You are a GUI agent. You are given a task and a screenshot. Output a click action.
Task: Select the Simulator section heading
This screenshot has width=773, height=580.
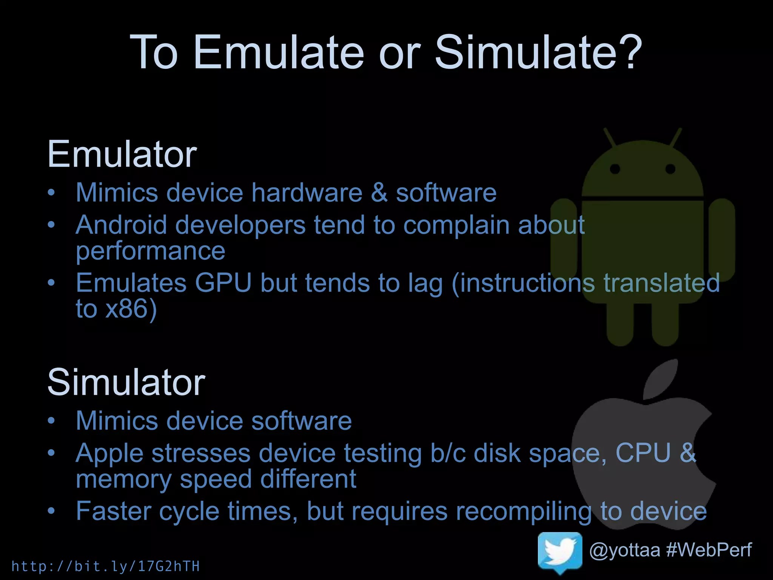[126, 382]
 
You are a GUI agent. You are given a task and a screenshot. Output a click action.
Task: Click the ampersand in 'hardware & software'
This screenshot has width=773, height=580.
[379, 193]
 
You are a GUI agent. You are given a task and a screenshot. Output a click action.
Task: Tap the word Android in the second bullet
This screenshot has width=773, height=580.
[121, 225]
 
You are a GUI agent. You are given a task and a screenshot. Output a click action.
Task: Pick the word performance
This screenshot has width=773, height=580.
[150, 251]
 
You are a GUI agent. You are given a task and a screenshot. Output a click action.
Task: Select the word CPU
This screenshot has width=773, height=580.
[643, 453]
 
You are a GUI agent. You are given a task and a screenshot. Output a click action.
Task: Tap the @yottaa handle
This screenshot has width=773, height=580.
[625, 550]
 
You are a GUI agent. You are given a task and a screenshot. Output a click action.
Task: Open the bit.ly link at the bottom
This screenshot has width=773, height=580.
[106, 566]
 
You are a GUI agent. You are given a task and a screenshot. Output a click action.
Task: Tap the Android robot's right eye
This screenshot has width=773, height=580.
[670, 169]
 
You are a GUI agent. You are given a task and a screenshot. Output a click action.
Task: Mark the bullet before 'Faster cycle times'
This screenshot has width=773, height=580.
[51, 511]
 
